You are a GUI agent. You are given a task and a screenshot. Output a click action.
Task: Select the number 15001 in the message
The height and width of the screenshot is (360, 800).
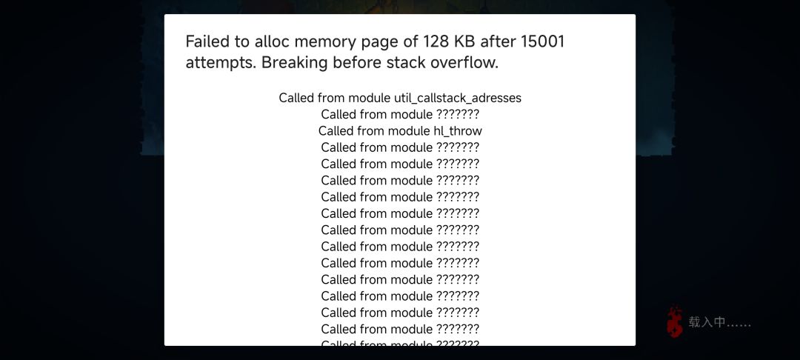(x=542, y=41)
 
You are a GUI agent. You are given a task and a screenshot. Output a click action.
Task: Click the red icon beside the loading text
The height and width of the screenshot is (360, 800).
(x=675, y=321)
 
